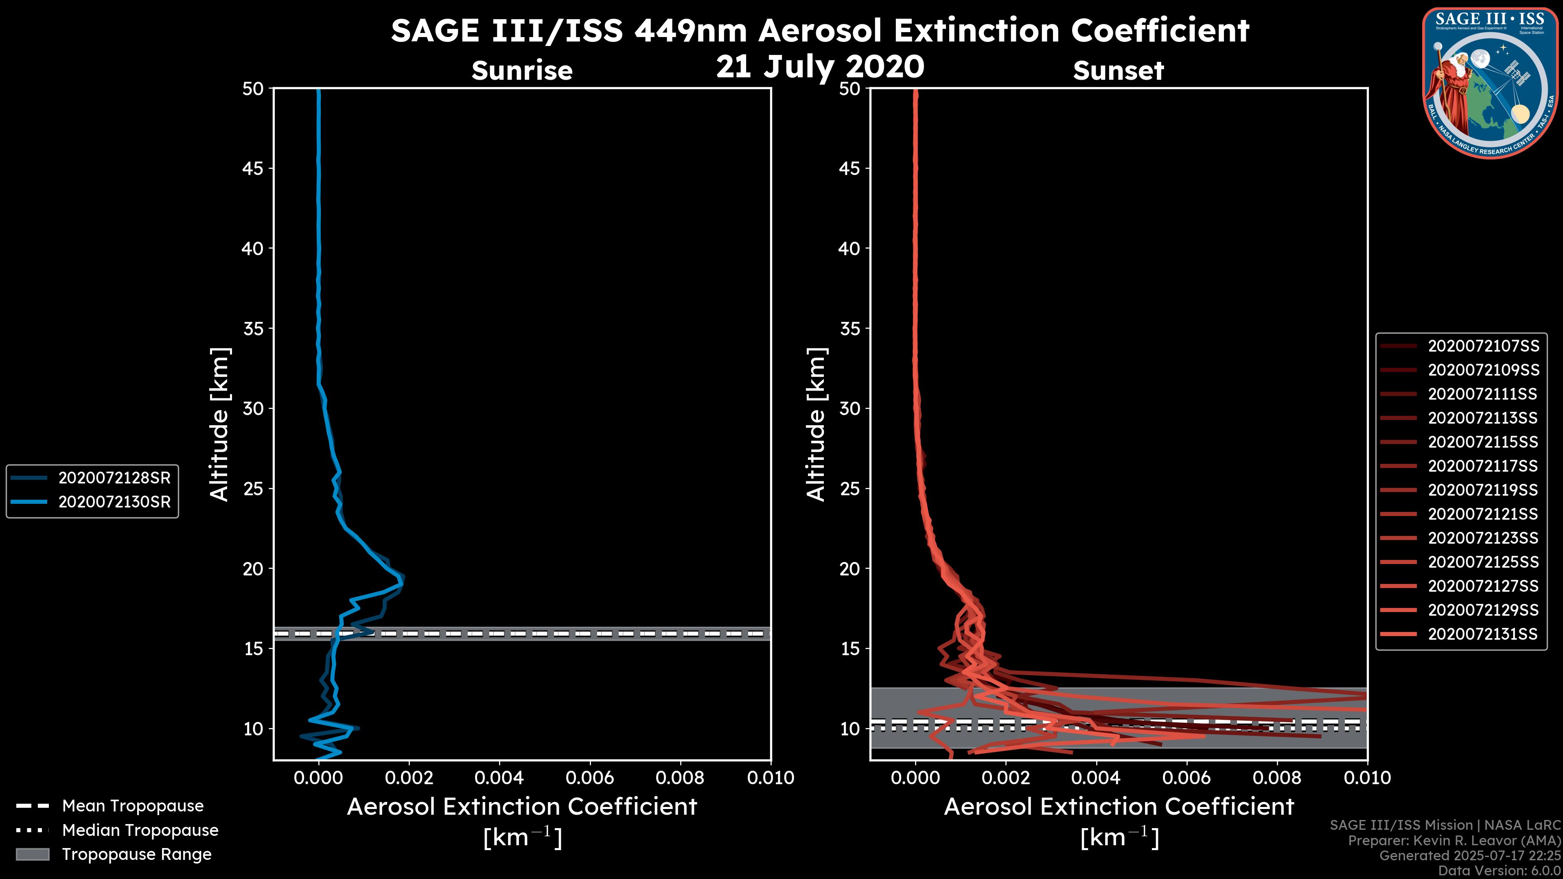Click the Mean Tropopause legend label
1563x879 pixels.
132,806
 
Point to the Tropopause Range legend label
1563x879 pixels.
136,854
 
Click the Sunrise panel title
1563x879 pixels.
522,70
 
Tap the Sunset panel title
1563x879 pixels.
1118,70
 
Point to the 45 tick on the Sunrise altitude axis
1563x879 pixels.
253,168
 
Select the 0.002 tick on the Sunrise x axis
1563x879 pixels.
408,778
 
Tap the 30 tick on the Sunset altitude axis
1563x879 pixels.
849,408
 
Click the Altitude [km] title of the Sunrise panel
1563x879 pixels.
220,424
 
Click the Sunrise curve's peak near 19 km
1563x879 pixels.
402,581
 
